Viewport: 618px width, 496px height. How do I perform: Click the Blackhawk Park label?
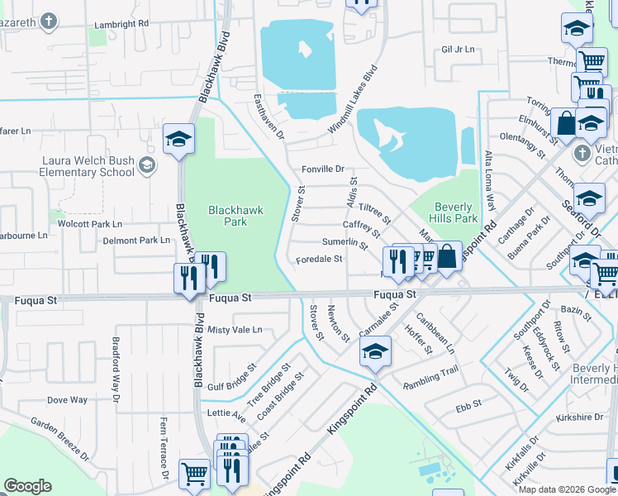235,216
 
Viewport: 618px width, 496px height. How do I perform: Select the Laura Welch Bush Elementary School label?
87,166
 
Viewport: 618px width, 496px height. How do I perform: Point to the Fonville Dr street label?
322,169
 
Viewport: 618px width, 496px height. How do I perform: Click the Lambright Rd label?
121,23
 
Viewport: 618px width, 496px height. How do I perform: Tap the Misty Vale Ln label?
235,329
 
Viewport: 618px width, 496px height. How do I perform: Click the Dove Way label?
67,400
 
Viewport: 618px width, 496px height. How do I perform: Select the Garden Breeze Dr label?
60,436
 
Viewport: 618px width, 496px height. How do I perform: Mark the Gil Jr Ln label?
459,50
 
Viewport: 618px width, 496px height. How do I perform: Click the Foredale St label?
319,259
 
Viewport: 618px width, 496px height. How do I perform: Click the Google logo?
27,486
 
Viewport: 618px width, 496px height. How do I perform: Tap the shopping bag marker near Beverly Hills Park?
447,256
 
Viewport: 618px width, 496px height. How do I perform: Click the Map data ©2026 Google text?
567,489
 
